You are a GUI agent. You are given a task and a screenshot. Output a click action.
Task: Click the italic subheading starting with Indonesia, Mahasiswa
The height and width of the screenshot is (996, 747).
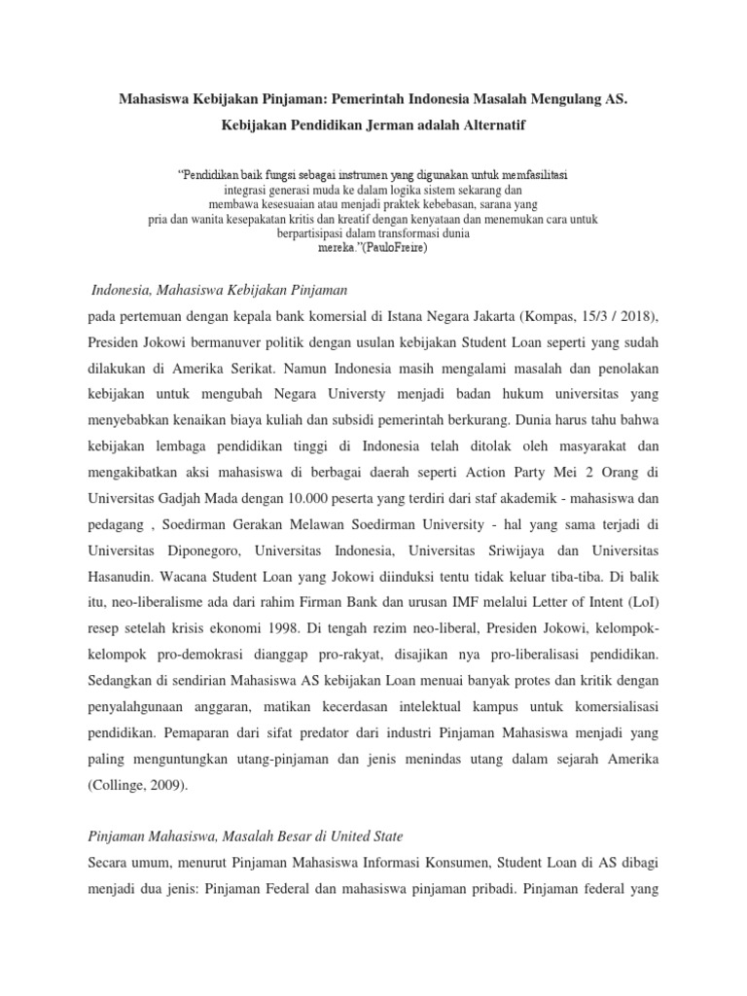219,290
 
